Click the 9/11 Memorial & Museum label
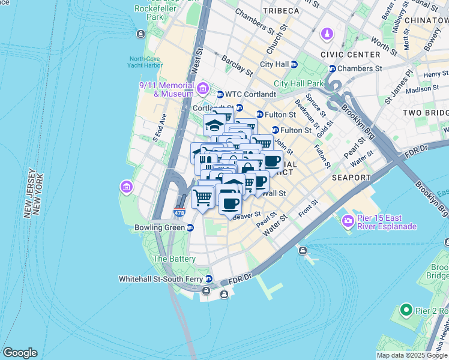point(166,89)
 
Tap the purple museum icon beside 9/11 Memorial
point(203,90)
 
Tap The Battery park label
point(174,259)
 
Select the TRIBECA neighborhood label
point(280,11)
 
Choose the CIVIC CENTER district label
point(350,54)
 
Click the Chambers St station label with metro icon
point(359,68)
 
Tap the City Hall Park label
point(298,83)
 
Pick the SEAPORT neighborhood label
point(351,178)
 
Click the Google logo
point(20,353)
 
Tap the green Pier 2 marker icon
point(406,310)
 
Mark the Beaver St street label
point(248,214)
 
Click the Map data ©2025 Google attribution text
point(412,355)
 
